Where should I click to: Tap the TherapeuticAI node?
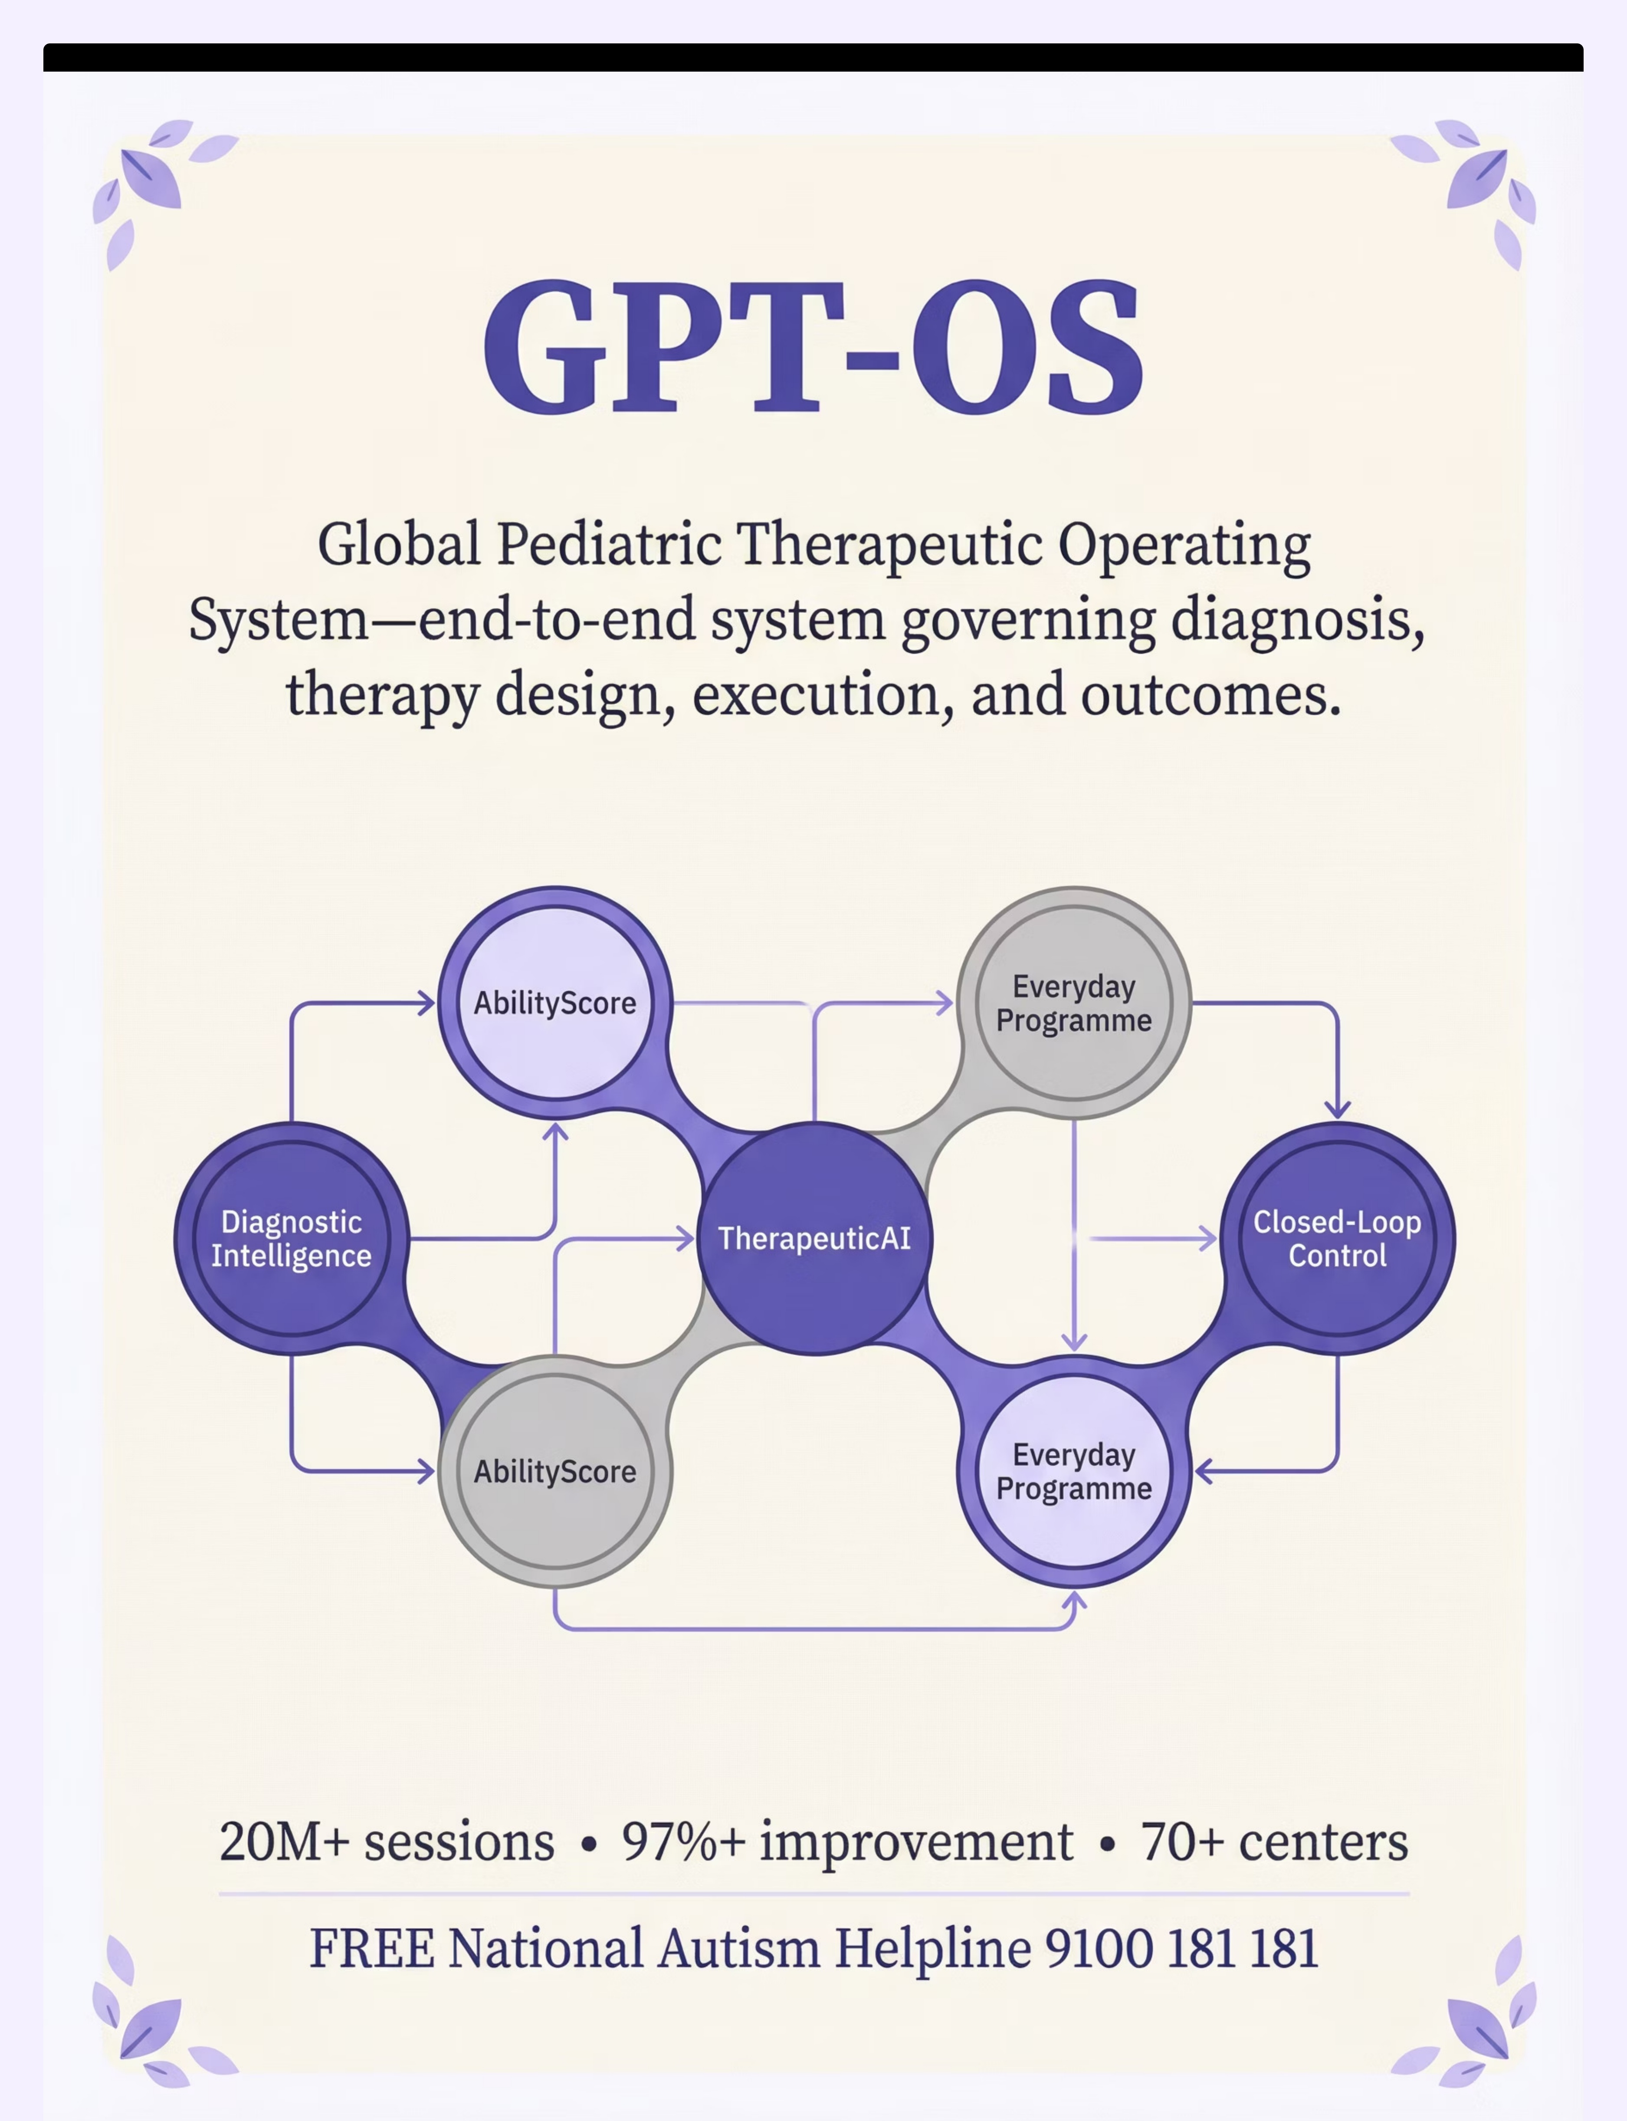pyautogui.click(x=814, y=1238)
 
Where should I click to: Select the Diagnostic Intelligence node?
pyautogui.click(x=292, y=1238)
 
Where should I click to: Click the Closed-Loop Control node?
pyautogui.click(x=1338, y=1238)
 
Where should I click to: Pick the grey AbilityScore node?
pyautogui.click(x=555, y=1471)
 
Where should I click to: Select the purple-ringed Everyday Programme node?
pyautogui.click(x=1074, y=1471)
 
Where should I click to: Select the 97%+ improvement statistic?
pyautogui.click(x=847, y=1842)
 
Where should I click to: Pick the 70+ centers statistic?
pyautogui.click(x=1275, y=1842)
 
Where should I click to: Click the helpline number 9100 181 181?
pyautogui.click(x=1181, y=1949)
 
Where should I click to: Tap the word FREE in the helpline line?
pyautogui.click(x=372, y=1949)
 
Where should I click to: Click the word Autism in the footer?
pyautogui.click(x=739, y=1949)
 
